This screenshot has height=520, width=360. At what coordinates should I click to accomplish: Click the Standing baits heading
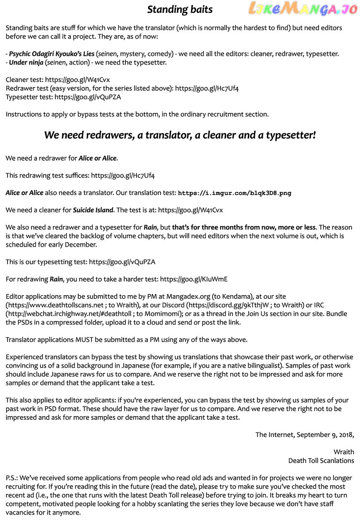click(180, 10)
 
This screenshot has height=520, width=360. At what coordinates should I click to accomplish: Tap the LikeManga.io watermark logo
click(302, 8)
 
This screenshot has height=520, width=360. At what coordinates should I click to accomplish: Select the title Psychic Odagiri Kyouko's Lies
click(52, 54)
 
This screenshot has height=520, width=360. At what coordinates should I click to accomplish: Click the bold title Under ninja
click(26, 63)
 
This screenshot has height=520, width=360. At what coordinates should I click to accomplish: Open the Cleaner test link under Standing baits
click(77, 80)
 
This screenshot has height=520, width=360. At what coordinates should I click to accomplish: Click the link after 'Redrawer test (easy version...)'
click(207, 89)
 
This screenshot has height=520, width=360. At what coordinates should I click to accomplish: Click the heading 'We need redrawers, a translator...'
click(180, 135)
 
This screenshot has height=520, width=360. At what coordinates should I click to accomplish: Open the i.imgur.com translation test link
click(234, 193)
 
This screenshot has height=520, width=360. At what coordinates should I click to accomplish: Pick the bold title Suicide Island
click(93, 210)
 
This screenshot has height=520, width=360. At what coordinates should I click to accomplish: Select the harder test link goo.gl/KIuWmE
click(194, 279)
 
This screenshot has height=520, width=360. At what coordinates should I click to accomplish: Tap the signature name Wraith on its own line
click(344, 452)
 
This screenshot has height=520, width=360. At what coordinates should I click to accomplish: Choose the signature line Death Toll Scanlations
click(321, 461)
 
